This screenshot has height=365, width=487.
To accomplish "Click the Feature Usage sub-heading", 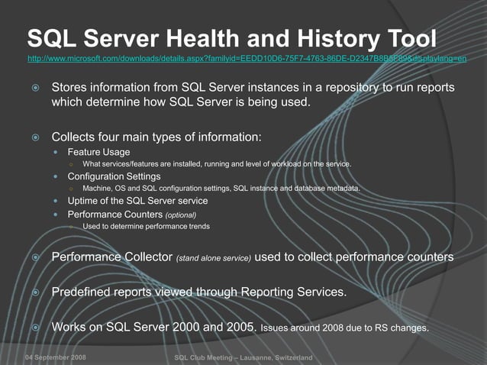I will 99,152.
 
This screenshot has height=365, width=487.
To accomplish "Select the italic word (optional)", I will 186,215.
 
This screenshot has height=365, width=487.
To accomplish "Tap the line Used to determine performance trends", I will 146,227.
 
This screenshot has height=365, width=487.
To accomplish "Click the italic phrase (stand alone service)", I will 214,259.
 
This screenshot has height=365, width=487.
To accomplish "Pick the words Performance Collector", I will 111,257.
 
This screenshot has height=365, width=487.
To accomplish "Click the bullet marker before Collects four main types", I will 35,138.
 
